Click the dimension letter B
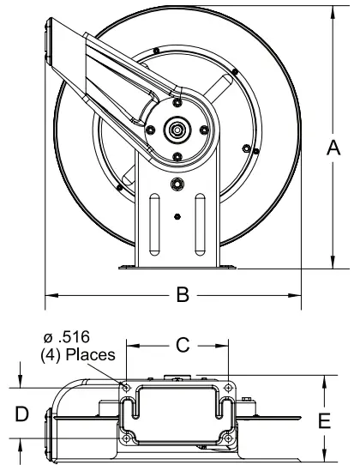182,295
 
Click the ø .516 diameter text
77,335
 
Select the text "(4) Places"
80,352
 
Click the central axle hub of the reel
177,130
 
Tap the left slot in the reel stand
154,221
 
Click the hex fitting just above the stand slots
177,184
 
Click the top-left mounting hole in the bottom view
127,389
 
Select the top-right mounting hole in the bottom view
228,389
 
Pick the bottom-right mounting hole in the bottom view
228,439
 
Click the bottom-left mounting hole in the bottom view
127,439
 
